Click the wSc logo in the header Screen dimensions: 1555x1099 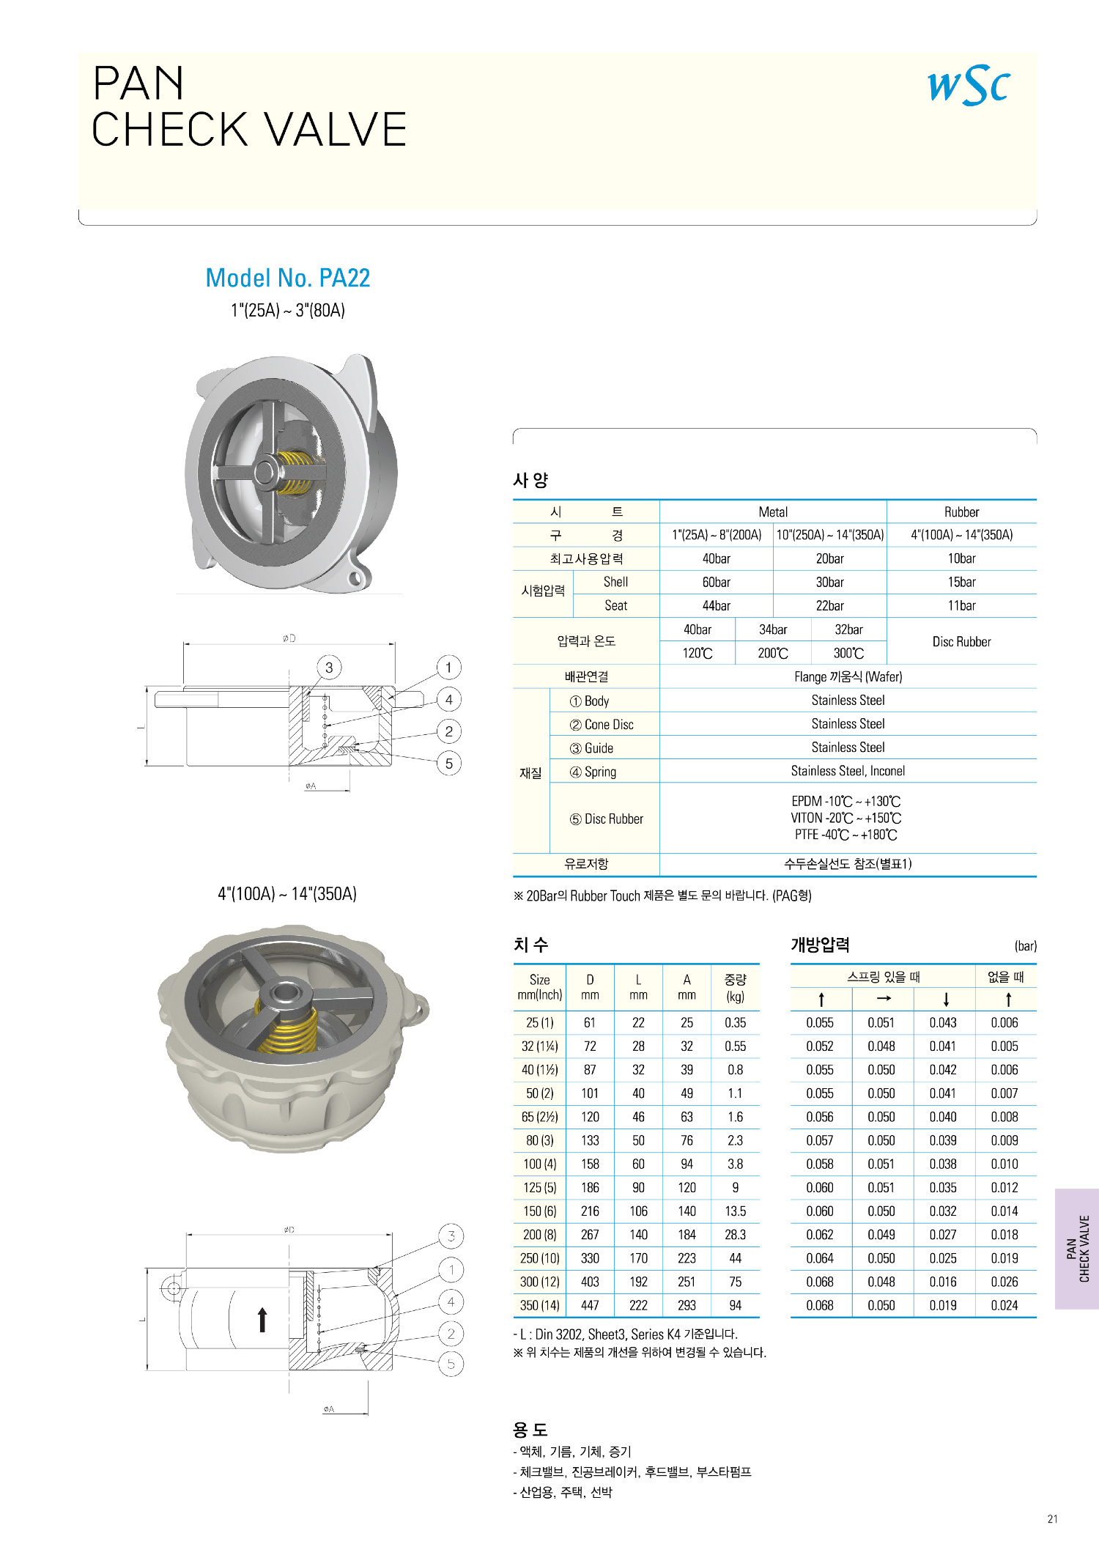pyautogui.click(x=969, y=86)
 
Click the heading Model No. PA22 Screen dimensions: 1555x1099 pyautogui.click(x=288, y=278)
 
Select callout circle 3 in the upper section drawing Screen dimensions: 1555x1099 pyautogui.click(x=329, y=668)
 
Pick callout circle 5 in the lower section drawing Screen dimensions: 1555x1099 pyautogui.click(x=451, y=1364)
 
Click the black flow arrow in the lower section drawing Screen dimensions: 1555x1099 pyautogui.click(x=262, y=1319)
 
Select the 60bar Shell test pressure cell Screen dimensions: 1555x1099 pyautogui.click(x=716, y=583)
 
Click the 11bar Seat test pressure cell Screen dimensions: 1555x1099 pyautogui.click(x=961, y=606)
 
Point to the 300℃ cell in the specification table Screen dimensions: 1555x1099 pyautogui.click(x=848, y=654)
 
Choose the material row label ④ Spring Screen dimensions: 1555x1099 pyautogui.click(x=593, y=772)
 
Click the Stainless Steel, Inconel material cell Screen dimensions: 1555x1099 pyautogui.click(x=848, y=771)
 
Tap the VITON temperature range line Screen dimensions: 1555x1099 pyautogui.click(x=846, y=819)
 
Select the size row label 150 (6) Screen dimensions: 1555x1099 pyautogui.click(x=540, y=1211)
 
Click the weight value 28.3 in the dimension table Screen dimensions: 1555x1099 pyautogui.click(x=735, y=1235)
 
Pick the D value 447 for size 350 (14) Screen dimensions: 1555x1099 pyautogui.click(x=590, y=1305)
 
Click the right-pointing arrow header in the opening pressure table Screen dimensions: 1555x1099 pyautogui.click(x=884, y=999)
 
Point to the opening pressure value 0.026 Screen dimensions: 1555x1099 pyautogui.click(x=1004, y=1282)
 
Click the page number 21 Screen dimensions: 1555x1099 pyautogui.click(x=1053, y=1519)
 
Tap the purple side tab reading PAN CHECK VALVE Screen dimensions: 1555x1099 pyautogui.click(x=1077, y=1249)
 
